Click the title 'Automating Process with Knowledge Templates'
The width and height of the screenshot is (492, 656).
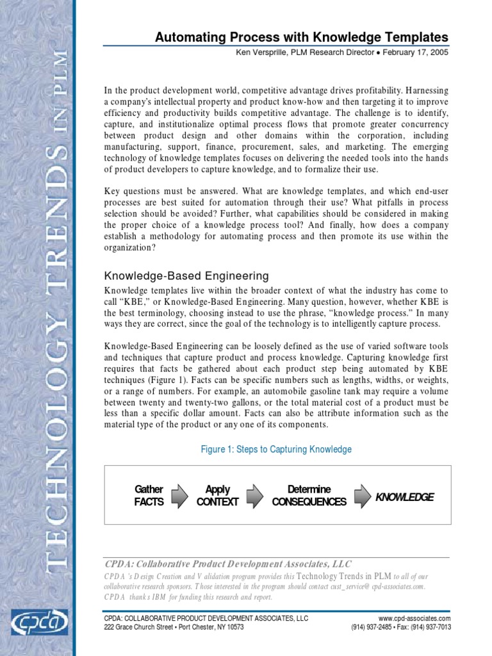[301, 37]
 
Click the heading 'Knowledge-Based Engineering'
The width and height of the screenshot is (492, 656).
[186, 276]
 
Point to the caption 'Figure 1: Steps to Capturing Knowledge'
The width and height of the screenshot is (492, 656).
[276, 449]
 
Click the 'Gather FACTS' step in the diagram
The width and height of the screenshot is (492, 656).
[149, 496]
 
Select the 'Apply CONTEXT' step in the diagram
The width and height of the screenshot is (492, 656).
[218, 496]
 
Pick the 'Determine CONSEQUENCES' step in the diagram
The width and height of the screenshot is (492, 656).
[309, 496]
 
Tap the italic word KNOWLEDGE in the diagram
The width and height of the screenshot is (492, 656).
[404, 497]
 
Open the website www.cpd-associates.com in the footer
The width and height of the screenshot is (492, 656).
[414, 618]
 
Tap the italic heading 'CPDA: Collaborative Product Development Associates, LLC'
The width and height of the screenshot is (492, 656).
[228, 564]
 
